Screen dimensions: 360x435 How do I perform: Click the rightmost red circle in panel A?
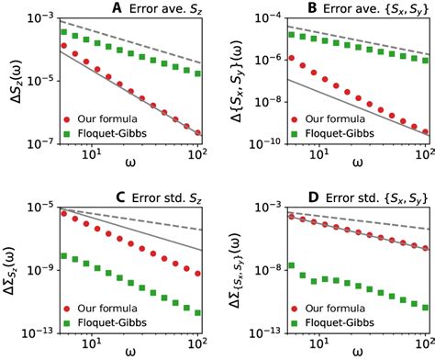[x=200, y=133]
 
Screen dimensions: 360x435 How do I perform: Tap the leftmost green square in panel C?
[x=61, y=255]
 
